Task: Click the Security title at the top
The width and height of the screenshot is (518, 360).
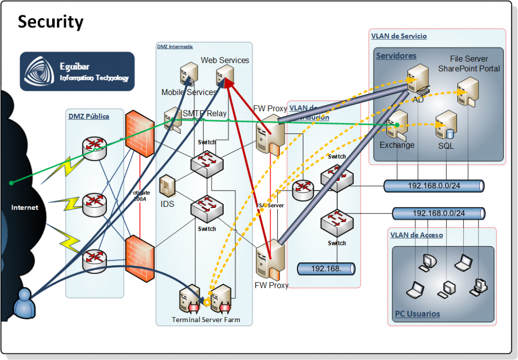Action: tap(51, 22)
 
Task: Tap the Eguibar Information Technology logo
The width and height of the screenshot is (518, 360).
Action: tap(77, 71)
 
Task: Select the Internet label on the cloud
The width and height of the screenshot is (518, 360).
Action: tap(25, 207)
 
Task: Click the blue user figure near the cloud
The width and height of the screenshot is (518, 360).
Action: tap(25, 302)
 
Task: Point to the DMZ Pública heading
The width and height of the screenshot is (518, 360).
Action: tap(89, 116)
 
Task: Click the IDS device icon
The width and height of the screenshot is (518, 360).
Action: tap(167, 186)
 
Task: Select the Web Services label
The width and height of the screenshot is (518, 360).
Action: tap(225, 60)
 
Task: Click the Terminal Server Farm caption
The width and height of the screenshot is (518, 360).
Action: tap(205, 320)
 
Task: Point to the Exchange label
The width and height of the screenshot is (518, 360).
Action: tap(397, 145)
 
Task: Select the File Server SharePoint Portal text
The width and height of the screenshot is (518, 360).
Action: tap(468, 64)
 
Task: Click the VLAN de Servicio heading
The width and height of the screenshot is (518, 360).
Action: tap(399, 36)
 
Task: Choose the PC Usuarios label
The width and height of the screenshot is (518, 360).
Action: tap(417, 314)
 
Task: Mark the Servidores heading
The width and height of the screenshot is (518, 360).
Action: tap(396, 56)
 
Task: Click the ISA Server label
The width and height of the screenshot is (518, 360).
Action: tap(270, 205)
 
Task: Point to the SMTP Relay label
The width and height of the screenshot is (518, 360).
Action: tap(204, 114)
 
